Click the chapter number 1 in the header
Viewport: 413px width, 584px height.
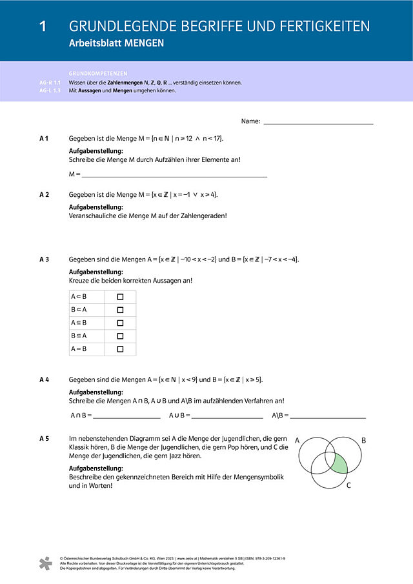[43, 26]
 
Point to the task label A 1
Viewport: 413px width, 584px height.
[45, 139]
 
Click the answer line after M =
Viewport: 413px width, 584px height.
[174, 175]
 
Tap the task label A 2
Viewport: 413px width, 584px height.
[45, 194]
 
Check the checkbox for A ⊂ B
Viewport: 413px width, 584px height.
[120, 297]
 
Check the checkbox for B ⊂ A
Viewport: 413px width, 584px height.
[120, 310]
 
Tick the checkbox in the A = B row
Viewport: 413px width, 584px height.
[120, 349]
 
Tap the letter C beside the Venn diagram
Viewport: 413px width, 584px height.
[348, 485]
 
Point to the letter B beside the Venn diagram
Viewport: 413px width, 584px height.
[363, 441]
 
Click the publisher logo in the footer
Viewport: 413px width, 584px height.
[45, 563]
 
